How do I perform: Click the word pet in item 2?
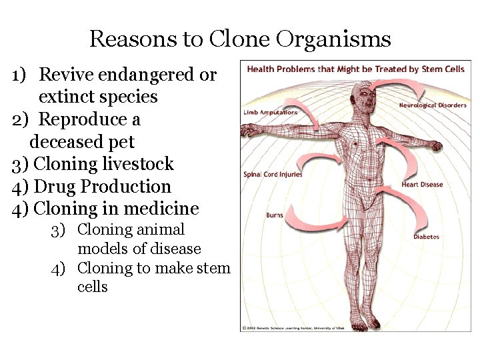(122, 142)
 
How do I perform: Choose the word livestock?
(138, 164)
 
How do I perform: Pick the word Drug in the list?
(53, 187)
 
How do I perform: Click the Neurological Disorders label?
(432, 105)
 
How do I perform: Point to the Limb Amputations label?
(270, 112)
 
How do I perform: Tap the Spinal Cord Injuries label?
(273, 175)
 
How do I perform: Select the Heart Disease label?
(421, 185)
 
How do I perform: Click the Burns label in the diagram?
(275, 215)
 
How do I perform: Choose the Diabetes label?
(426, 237)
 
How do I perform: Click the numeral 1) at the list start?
(19, 75)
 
